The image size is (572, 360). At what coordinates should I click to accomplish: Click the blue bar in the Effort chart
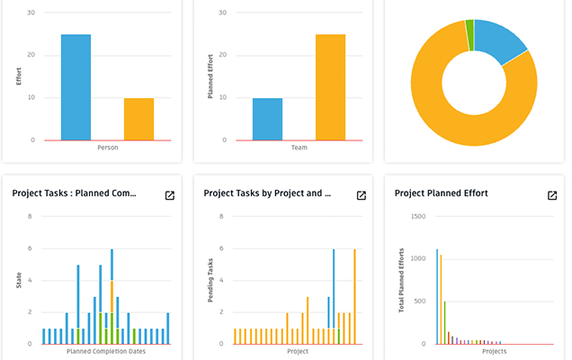[76, 87]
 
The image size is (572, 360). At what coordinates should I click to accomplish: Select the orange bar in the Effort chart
[139, 119]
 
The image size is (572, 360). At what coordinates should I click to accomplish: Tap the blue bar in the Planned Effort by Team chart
[267, 119]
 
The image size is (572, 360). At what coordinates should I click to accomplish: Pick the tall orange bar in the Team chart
[330, 87]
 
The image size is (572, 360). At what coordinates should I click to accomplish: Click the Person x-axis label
[107, 148]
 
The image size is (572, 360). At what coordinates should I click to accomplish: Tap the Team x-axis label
[299, 148]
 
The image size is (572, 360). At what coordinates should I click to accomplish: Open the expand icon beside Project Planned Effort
[552, 195]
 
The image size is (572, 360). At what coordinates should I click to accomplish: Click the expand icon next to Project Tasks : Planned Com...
[169, 195]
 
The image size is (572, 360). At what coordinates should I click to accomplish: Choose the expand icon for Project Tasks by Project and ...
[361, 195]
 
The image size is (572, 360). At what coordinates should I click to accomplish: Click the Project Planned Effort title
[454, 193]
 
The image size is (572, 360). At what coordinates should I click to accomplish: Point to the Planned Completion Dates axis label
[107, 351]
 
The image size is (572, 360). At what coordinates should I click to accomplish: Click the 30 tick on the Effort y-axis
[31, 13]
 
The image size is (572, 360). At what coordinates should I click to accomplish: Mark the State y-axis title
[18, 281]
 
